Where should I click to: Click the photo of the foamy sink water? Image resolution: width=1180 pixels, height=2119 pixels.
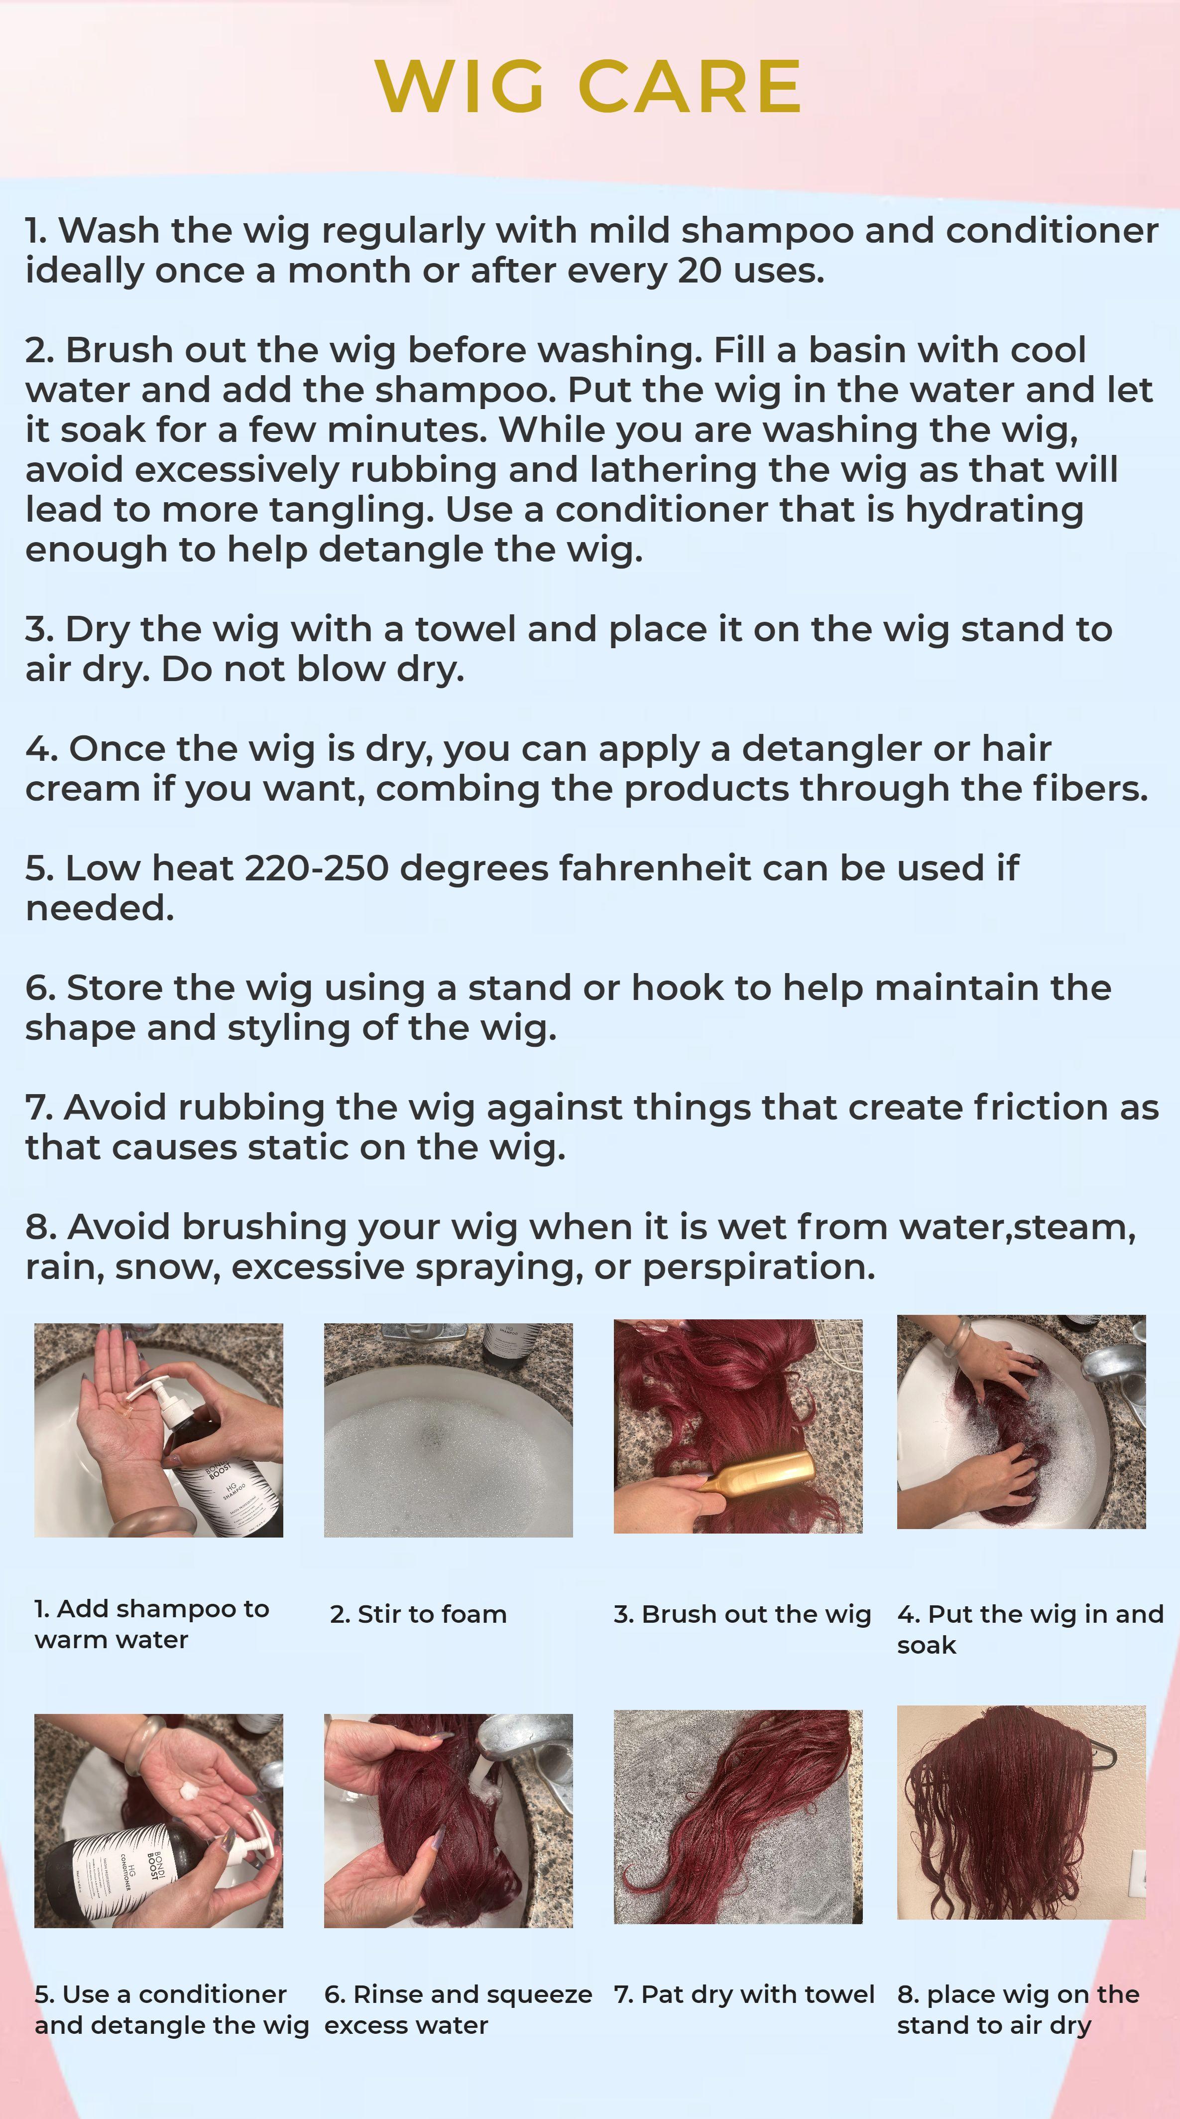(448, 1429)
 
